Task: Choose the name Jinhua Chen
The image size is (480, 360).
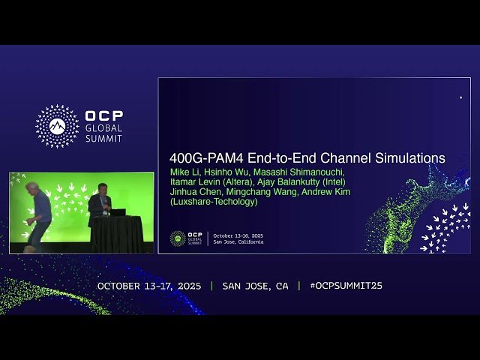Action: (x=190, y=192)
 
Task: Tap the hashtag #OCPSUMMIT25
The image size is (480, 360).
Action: (x=346, y=286)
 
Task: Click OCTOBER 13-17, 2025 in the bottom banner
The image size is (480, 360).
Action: (x=149, y=286)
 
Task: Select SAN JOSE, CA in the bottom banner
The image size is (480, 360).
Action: (x=255, y=286)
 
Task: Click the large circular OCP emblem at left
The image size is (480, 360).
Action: (x=57, y=126)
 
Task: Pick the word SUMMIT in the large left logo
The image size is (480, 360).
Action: (x=103, y=137)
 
